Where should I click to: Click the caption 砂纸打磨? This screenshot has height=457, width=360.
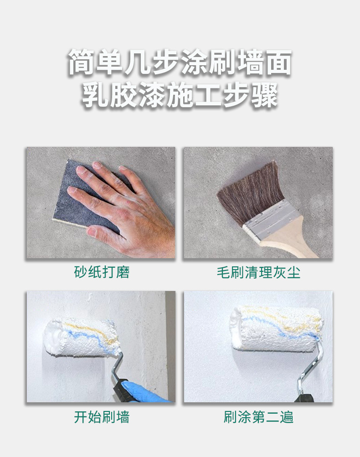click(102, 272)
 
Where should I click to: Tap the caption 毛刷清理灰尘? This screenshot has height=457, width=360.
click(258, 272)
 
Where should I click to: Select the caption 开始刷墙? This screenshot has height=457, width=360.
click(102, 417)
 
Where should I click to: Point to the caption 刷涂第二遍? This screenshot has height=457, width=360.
click(258, 417)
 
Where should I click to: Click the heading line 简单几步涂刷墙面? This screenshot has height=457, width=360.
click(180, 62)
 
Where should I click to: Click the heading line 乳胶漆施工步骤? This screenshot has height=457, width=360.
click(180, 94)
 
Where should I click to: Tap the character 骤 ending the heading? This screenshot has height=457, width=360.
click(264, 94)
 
